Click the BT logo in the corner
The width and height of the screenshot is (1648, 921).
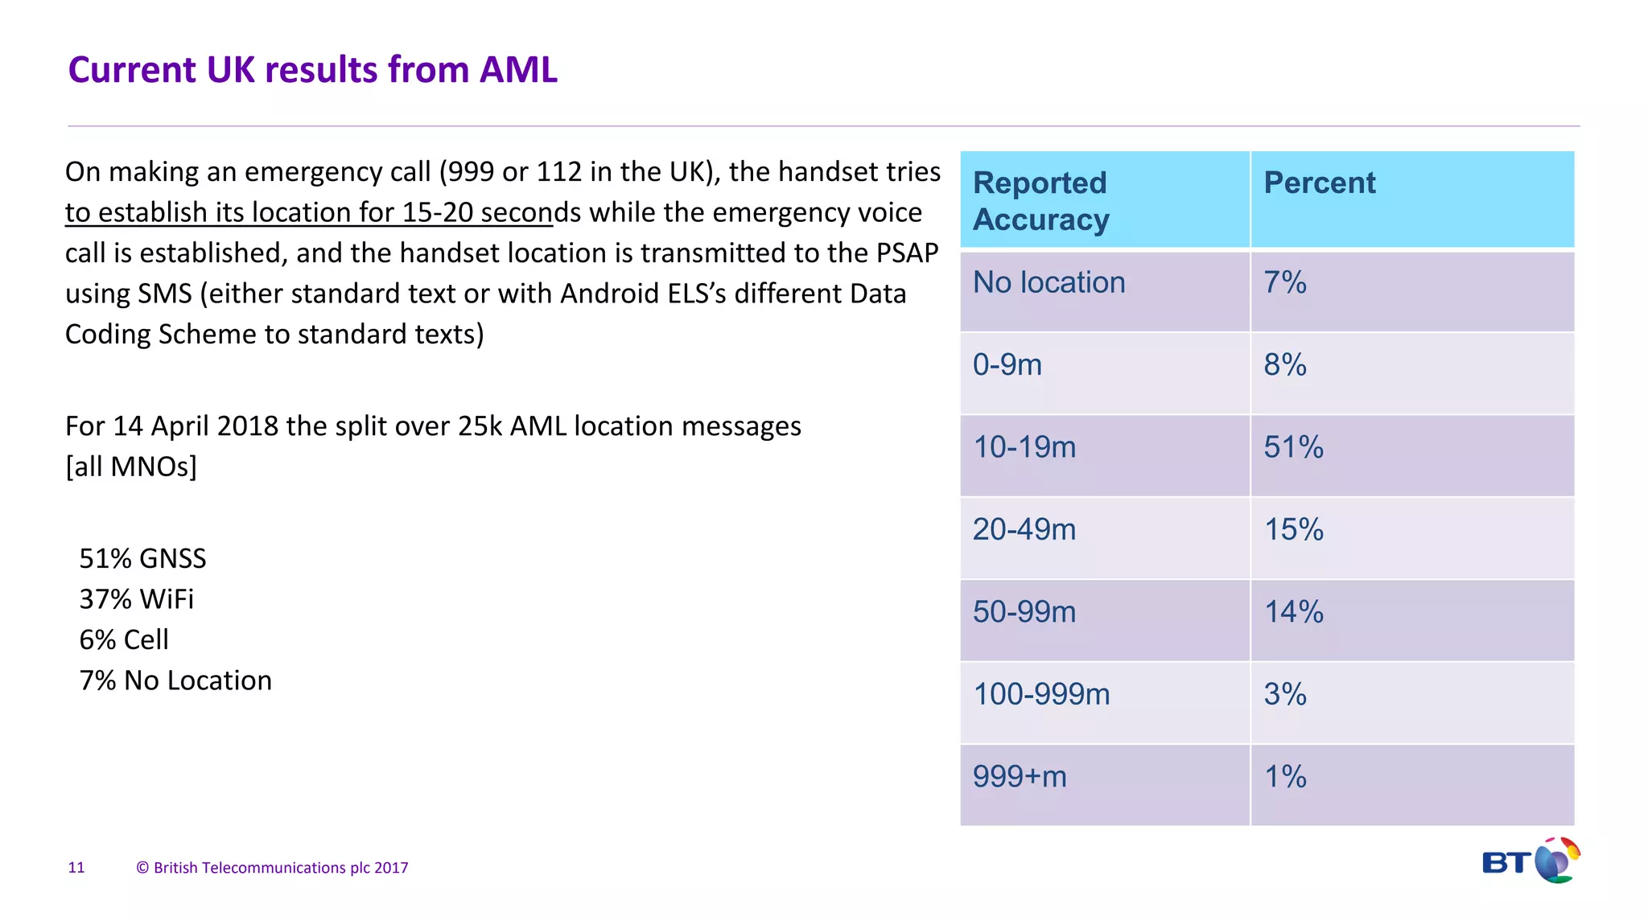(x=1531, y=861)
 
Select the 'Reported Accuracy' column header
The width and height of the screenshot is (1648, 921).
(x=1041, y=201)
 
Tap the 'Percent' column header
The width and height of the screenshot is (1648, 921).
(x=1320, y=183)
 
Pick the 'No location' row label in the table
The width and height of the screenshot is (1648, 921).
(x=1049, y=283)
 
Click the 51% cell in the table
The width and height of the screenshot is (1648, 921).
(x=1293, y=447)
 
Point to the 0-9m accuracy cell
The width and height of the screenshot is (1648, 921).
(x=1007, y=365)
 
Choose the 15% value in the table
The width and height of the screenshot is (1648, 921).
(x=1293, y=530)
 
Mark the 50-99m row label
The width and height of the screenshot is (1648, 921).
(x=1024, y=612)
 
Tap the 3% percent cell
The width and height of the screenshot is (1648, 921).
(x=1285, y=694)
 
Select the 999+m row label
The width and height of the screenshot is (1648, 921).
(x=1020, y=777)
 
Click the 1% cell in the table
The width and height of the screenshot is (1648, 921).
(x=1285, y=777)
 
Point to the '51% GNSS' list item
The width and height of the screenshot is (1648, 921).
(x=142, y=558)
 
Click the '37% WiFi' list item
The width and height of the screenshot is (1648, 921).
(x=136, y=599)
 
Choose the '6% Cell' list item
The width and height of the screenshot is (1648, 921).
(x=124, y=640)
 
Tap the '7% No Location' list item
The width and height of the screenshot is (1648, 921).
(x=175, y=681)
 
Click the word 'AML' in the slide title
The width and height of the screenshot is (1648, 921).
(x=518, y=70)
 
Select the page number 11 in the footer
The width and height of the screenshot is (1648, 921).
(x=76, y=868)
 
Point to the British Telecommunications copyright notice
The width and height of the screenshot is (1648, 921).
(x=272, y=868)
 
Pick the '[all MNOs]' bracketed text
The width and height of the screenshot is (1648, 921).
(x=131, y=467)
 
